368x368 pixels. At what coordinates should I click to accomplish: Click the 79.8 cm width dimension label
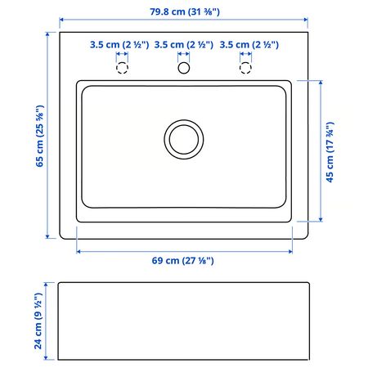click(x=185, y=11)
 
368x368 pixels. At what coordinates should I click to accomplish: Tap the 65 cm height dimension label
click(x=40, y=136)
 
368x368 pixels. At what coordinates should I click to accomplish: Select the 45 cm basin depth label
click(x=330, y=152)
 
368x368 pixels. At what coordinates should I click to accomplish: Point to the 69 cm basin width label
click(x=182, y=261)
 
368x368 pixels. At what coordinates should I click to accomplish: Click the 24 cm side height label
click(x=38, y=321)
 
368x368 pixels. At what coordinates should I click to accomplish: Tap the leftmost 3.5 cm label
click(x=119, y=45)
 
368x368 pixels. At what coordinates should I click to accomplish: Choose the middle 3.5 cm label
click(x=184, y=45)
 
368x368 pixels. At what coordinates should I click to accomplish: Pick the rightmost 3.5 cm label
click(x=249, y=45)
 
